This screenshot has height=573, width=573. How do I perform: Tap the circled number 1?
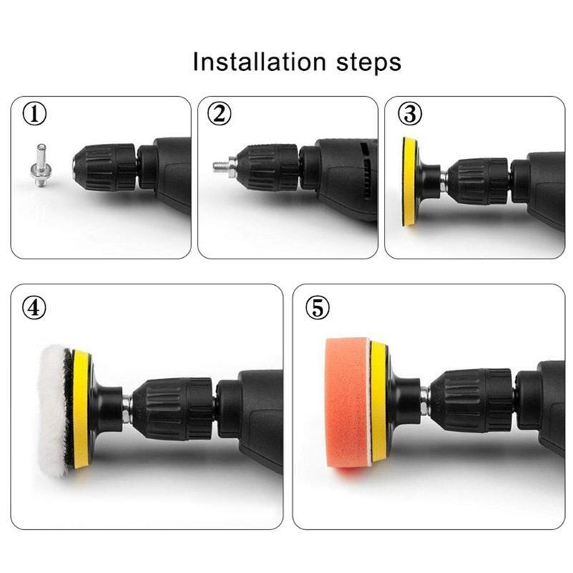pyautogui.click(x=34, y=114)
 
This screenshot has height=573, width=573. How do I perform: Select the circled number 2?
pyautogui.click(x=219, y=114)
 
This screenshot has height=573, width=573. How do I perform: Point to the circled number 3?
pyautogui.click(x=410, y=114)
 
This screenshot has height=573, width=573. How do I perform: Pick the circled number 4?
pyautogui.click(x=34, y=307)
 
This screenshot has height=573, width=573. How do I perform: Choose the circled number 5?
pyautogui.click(x=317, y=307)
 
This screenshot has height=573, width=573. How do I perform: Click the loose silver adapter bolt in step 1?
pyautogui.click(x=41, y=165)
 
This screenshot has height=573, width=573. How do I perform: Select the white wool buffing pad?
pyautogui.click(x=54, y=410)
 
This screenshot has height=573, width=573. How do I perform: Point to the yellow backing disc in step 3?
pyautogui.click(x=410, y=182)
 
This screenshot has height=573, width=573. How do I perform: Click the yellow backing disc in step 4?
pyautogui.click(x=81, y=408)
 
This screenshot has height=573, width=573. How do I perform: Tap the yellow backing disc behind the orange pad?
pyautogui.click(x=379, y=401)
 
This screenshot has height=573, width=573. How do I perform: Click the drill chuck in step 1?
pyautogui.click(x=105, y=167)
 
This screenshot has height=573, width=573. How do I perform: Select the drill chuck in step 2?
pyautogui.click(x=268, y=168)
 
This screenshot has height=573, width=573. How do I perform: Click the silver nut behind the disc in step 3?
pyautogui.click(x=443, y=182)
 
